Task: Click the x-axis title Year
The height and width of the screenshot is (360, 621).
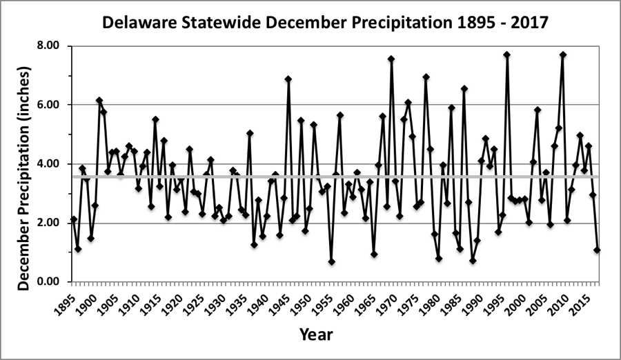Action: [316, 335]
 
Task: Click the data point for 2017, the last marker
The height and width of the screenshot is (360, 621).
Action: [597, 250]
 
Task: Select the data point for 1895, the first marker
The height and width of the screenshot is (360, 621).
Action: [74, 219]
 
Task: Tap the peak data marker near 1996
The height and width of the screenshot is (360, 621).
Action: [506, 54]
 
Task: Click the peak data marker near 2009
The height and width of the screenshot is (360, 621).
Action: [563, 54]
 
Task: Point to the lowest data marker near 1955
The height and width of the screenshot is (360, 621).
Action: [331, 262]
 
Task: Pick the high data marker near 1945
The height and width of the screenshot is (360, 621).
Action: [288, 79]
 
